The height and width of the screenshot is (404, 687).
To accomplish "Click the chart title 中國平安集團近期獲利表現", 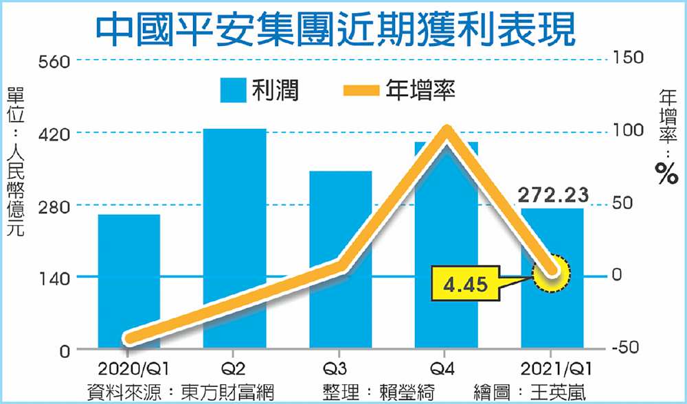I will pos(335,27).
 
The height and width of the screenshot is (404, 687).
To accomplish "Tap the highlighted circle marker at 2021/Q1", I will pos(552,274).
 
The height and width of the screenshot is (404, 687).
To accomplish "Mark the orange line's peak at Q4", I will pos(447,132).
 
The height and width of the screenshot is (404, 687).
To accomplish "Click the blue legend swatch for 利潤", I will pos(233,91).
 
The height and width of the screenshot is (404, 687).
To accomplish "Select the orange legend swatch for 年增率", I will pos(358,91).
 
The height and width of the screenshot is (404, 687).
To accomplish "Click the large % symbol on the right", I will pos(666,174).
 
